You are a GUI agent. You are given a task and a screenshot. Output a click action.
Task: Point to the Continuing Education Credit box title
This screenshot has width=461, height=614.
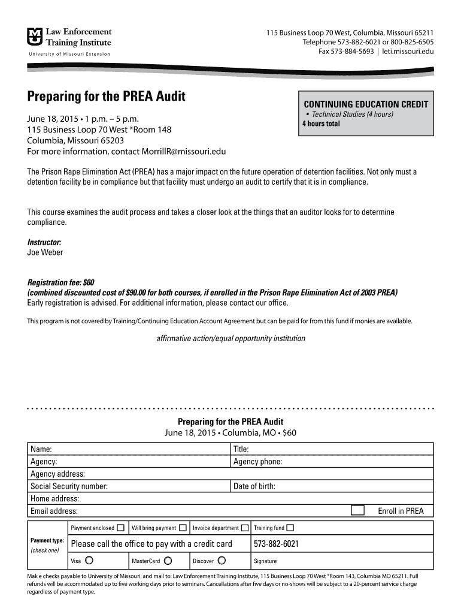(366, 104)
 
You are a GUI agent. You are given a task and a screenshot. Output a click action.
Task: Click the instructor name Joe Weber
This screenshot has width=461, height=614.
(45, 252)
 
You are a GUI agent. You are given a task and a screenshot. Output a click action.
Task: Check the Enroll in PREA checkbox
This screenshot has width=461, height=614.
(357, 511)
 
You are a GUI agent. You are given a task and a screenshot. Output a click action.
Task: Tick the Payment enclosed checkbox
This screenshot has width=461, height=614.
(121, 528)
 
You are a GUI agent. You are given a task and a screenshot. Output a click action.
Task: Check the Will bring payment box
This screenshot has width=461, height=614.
(183, 528)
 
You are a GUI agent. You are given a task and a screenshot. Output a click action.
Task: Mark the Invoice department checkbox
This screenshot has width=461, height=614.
(244, 528)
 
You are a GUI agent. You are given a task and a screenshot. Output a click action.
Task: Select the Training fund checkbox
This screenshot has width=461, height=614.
(290, 528)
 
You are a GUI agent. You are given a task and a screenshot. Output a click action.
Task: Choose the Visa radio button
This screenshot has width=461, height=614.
(89, 561)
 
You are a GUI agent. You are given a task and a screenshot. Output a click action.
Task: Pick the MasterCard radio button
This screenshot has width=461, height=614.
(168, 561)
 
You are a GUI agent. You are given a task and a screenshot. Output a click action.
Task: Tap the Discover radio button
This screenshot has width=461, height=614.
(222, 561)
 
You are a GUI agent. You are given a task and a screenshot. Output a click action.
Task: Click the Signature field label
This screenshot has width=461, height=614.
(265, 561)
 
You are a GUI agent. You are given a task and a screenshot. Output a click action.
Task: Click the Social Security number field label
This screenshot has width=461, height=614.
(69, 486)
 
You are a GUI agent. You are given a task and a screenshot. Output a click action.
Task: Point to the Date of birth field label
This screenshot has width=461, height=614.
(254, 486)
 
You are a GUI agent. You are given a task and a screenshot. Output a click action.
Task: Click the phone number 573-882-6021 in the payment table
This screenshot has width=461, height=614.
(276, 544)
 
